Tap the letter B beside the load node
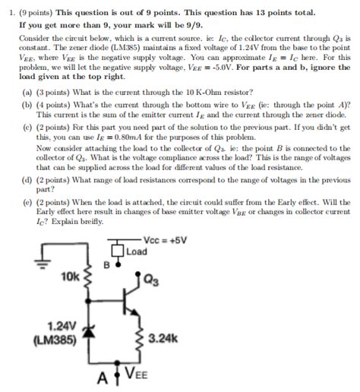pos(106,266)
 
